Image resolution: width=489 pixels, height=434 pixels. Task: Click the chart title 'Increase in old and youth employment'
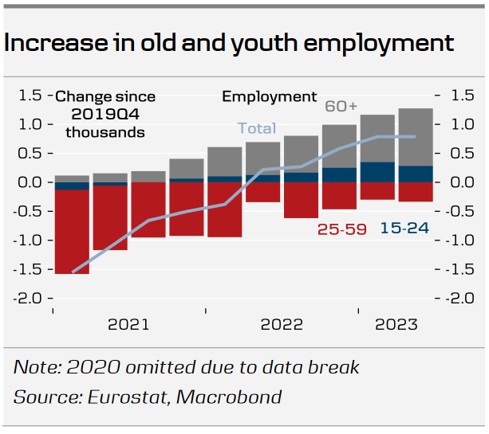click(229, 42)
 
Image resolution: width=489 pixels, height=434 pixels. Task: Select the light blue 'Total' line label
click(256, 128)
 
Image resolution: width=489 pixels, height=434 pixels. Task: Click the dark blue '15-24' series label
click(404, 229)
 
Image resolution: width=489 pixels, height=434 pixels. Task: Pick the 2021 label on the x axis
click(128, 324)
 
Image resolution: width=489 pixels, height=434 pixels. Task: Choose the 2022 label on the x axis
click(282, 324)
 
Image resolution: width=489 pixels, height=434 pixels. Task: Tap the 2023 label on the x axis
click(396, 324)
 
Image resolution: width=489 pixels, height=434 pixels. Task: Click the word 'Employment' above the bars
click(269, 96)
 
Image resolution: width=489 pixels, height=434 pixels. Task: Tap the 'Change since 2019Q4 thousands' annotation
click(105, 114)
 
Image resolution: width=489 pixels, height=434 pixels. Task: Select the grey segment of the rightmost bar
click(416, 137)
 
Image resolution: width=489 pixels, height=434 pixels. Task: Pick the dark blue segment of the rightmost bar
click(416, 174)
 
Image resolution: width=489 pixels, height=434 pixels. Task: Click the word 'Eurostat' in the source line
click(121, 397)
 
